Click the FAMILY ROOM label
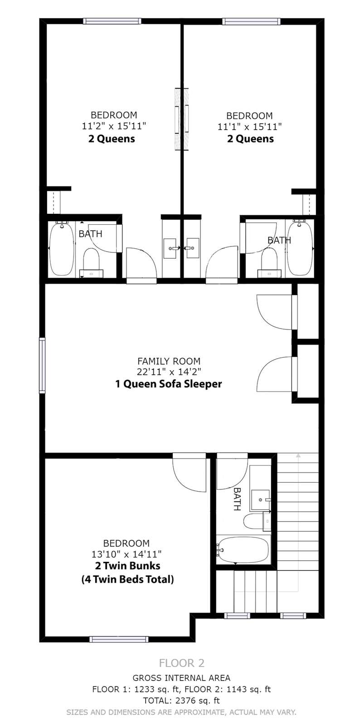(x=169, y=361)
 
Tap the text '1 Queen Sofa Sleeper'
(x=169, y=384)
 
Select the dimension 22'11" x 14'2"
(x=169, y=372)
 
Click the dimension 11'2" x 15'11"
(x=114, y=126)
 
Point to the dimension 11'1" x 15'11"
(x=250, y=126)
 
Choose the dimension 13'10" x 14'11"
(x=126, y=554)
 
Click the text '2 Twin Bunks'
(x=127, y=566)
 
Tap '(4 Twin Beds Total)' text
(x=127, y=579)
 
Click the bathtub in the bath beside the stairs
(x=243, y=550)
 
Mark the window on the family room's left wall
(x=42, y=365)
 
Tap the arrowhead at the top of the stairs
(x=298, y=455)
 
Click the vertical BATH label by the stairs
(x=237, y=499)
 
